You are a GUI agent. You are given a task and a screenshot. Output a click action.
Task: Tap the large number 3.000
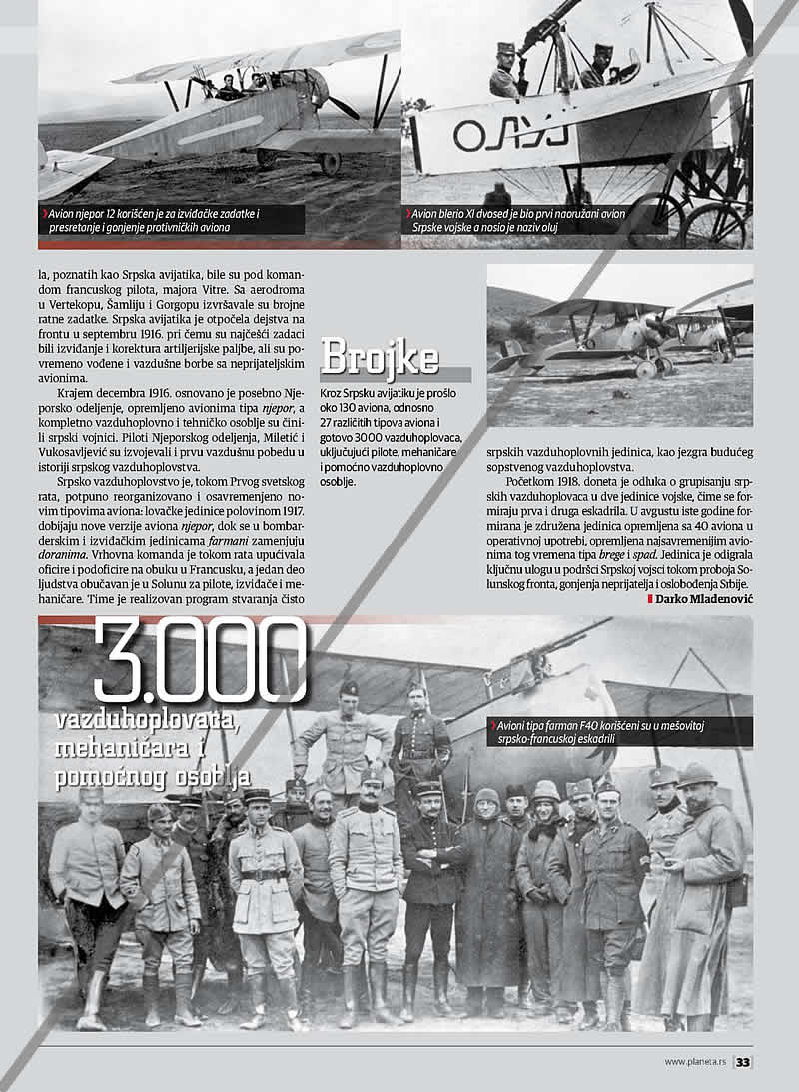click(200, 661)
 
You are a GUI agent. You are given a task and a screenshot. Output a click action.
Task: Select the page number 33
click(743, 1062)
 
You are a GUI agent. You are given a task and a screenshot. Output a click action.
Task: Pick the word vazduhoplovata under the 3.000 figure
click(145, 720)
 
